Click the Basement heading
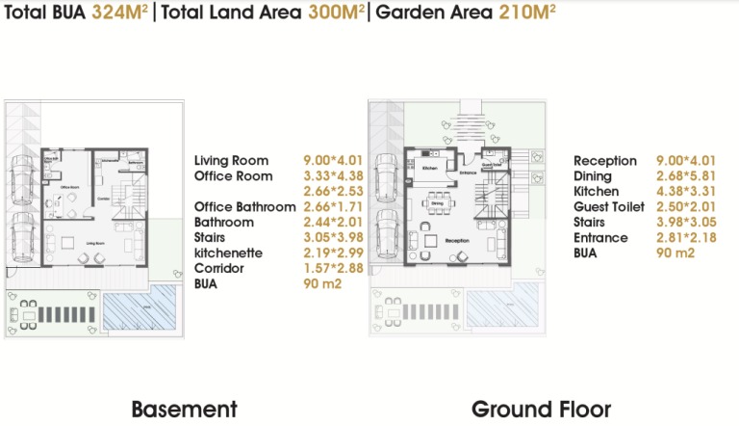(x=183, y=409)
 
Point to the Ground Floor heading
(x=540, y=409)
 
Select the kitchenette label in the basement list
(x=232, y=253)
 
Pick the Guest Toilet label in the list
(x=609, y=207)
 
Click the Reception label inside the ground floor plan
(x=458, y=241)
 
